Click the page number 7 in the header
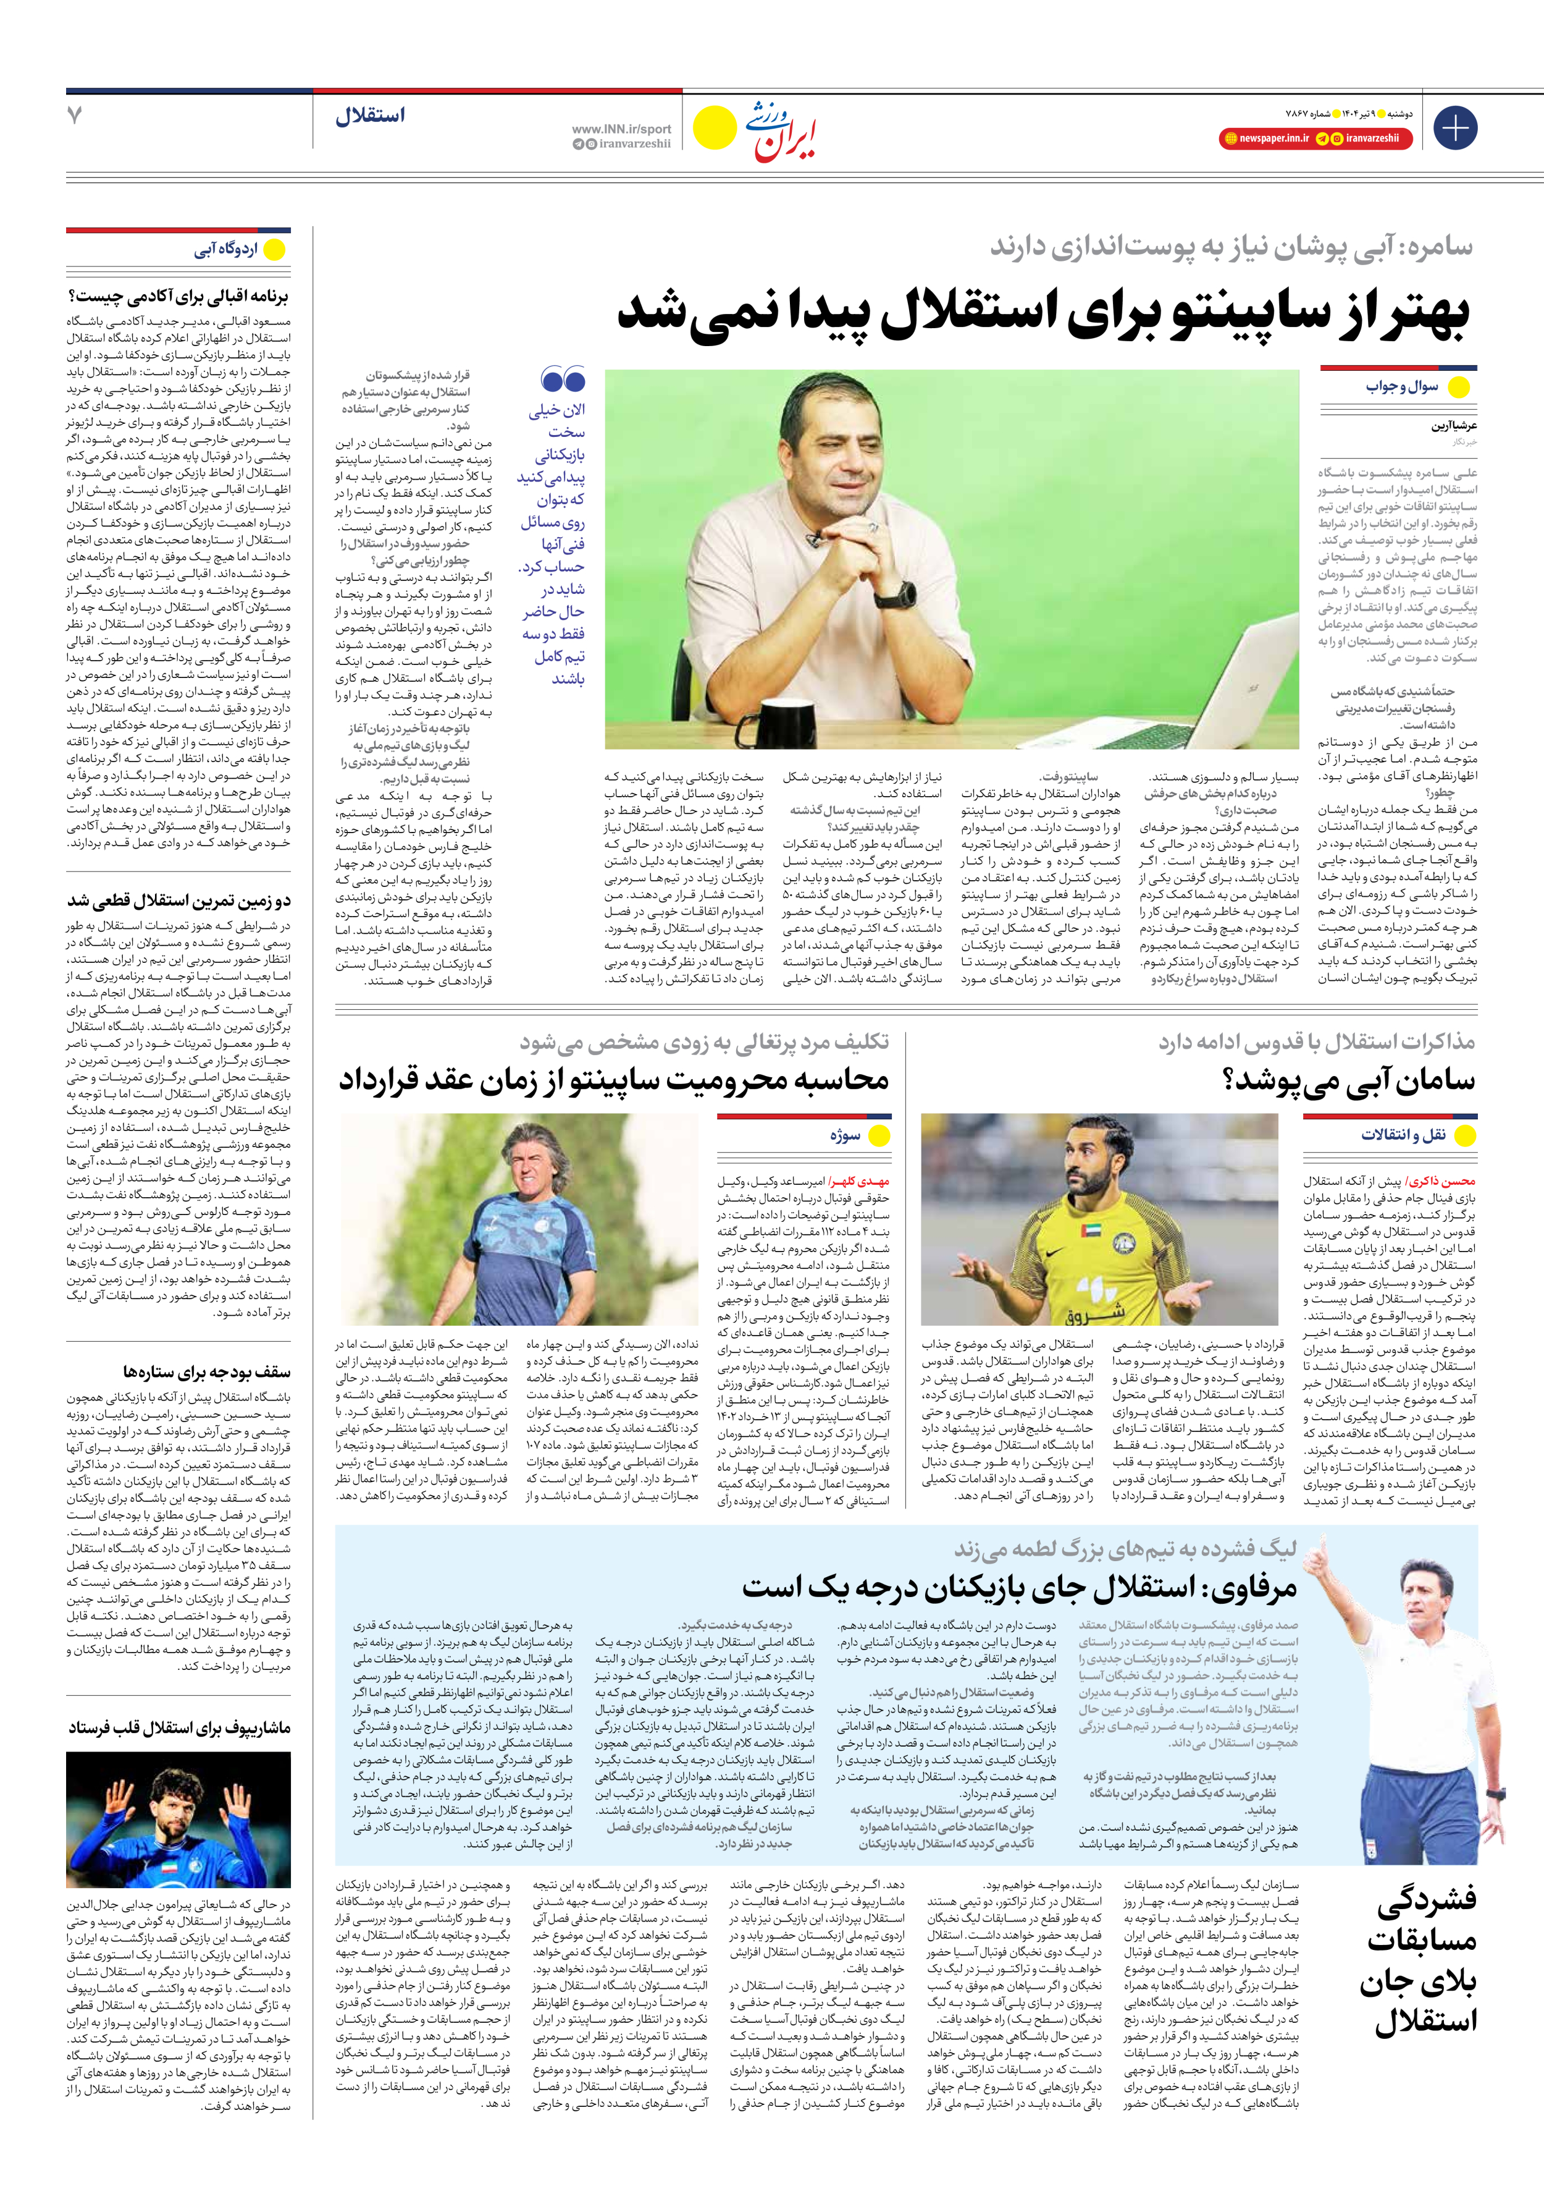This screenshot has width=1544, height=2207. click(x=75, y=116)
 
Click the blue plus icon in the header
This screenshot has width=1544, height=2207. click(x=1454, y=128)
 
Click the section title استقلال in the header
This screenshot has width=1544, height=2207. click(x=370, y=116)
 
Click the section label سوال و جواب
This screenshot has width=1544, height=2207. click(x=1402, y=386)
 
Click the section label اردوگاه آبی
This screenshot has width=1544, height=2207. click(x=226, y=250)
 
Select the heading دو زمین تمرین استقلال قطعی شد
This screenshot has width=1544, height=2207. click(x=178, y=900)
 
